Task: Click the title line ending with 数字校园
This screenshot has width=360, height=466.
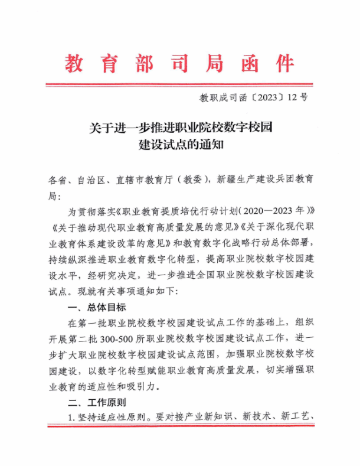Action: pyautogui.click(x=180, y=127)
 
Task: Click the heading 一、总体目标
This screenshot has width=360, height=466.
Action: pyautogui.click(x=97, y=308)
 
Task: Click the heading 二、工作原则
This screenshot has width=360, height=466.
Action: pyautogui.click(x=97, y=404)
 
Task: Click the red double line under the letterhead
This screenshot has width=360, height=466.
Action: pyautogui.click(x=180, y=84)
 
